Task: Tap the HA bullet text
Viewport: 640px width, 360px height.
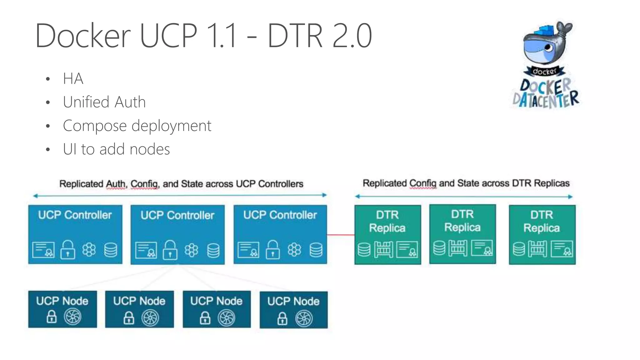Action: pos(73,78)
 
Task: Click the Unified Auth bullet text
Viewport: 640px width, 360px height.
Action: pos(104,102)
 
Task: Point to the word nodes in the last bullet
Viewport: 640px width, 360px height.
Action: pos(150,149)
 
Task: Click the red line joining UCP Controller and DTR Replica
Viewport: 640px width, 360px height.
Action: pos(341,234)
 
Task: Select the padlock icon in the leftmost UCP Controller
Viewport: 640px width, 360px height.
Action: pos(67,249)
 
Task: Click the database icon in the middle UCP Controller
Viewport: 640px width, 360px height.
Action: pos(213,250)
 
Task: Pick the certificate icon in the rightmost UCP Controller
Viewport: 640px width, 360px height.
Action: pos(248,250)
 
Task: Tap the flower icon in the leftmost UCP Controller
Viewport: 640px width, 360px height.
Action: pos(89,250)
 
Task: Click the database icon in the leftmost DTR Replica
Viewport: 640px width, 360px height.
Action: pos(364,250)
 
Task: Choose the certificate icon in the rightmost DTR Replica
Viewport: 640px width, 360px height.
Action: pos(562,249)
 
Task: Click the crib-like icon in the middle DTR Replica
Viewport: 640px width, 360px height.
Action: pos(458,248)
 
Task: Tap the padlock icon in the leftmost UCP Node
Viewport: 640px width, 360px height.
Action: pos(52,317)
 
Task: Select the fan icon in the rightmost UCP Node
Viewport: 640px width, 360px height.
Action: pos(304,318)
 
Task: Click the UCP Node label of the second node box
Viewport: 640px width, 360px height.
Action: pos(139,301)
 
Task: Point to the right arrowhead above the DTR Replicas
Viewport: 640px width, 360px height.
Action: pos(570,197)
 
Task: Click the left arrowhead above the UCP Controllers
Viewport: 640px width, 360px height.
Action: pos(35,196)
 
